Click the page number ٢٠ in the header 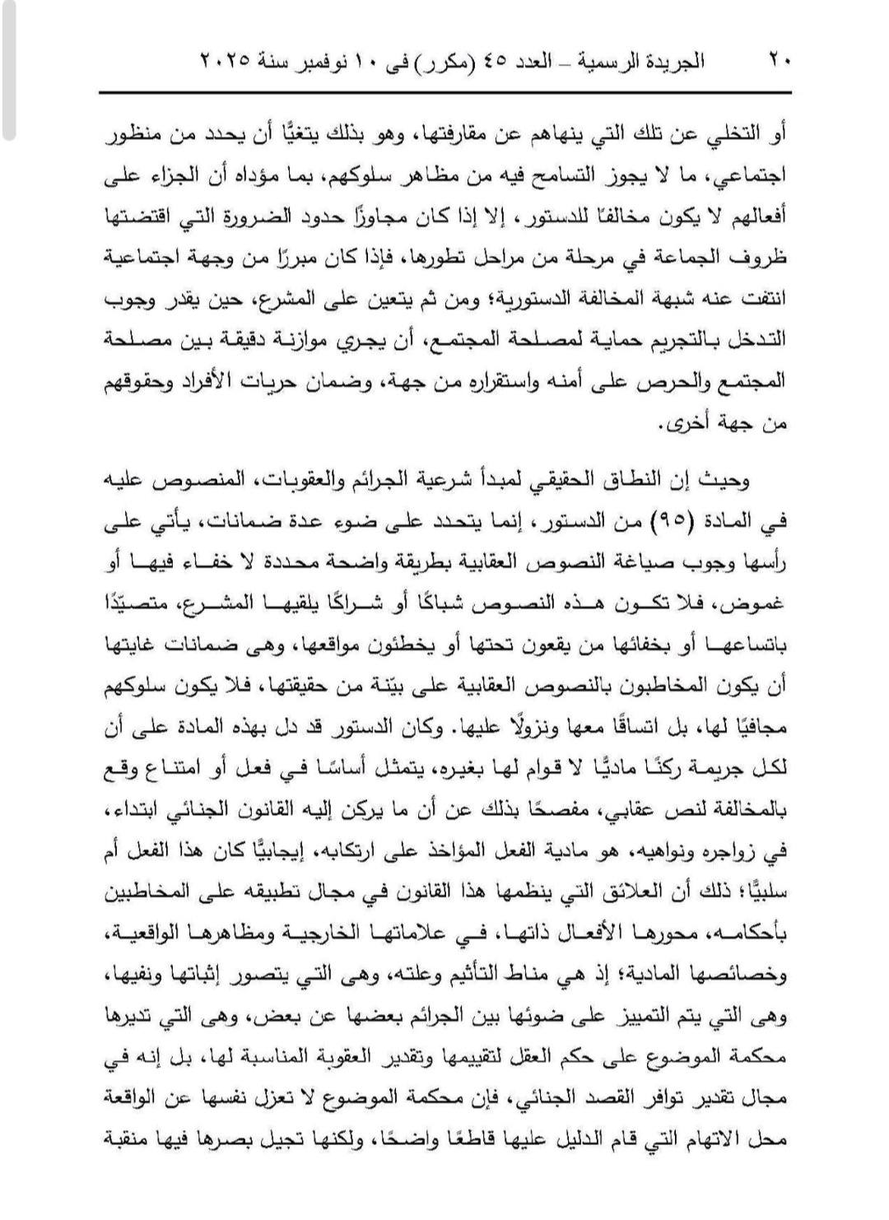(780, 62)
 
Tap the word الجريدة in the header (672, 62)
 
